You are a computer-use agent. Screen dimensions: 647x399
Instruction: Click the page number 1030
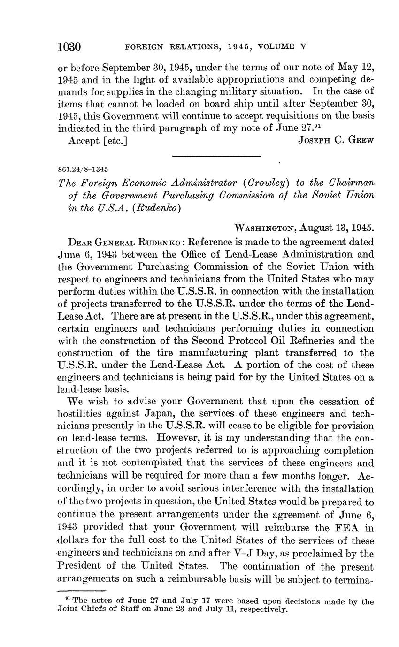click(69, 47)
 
